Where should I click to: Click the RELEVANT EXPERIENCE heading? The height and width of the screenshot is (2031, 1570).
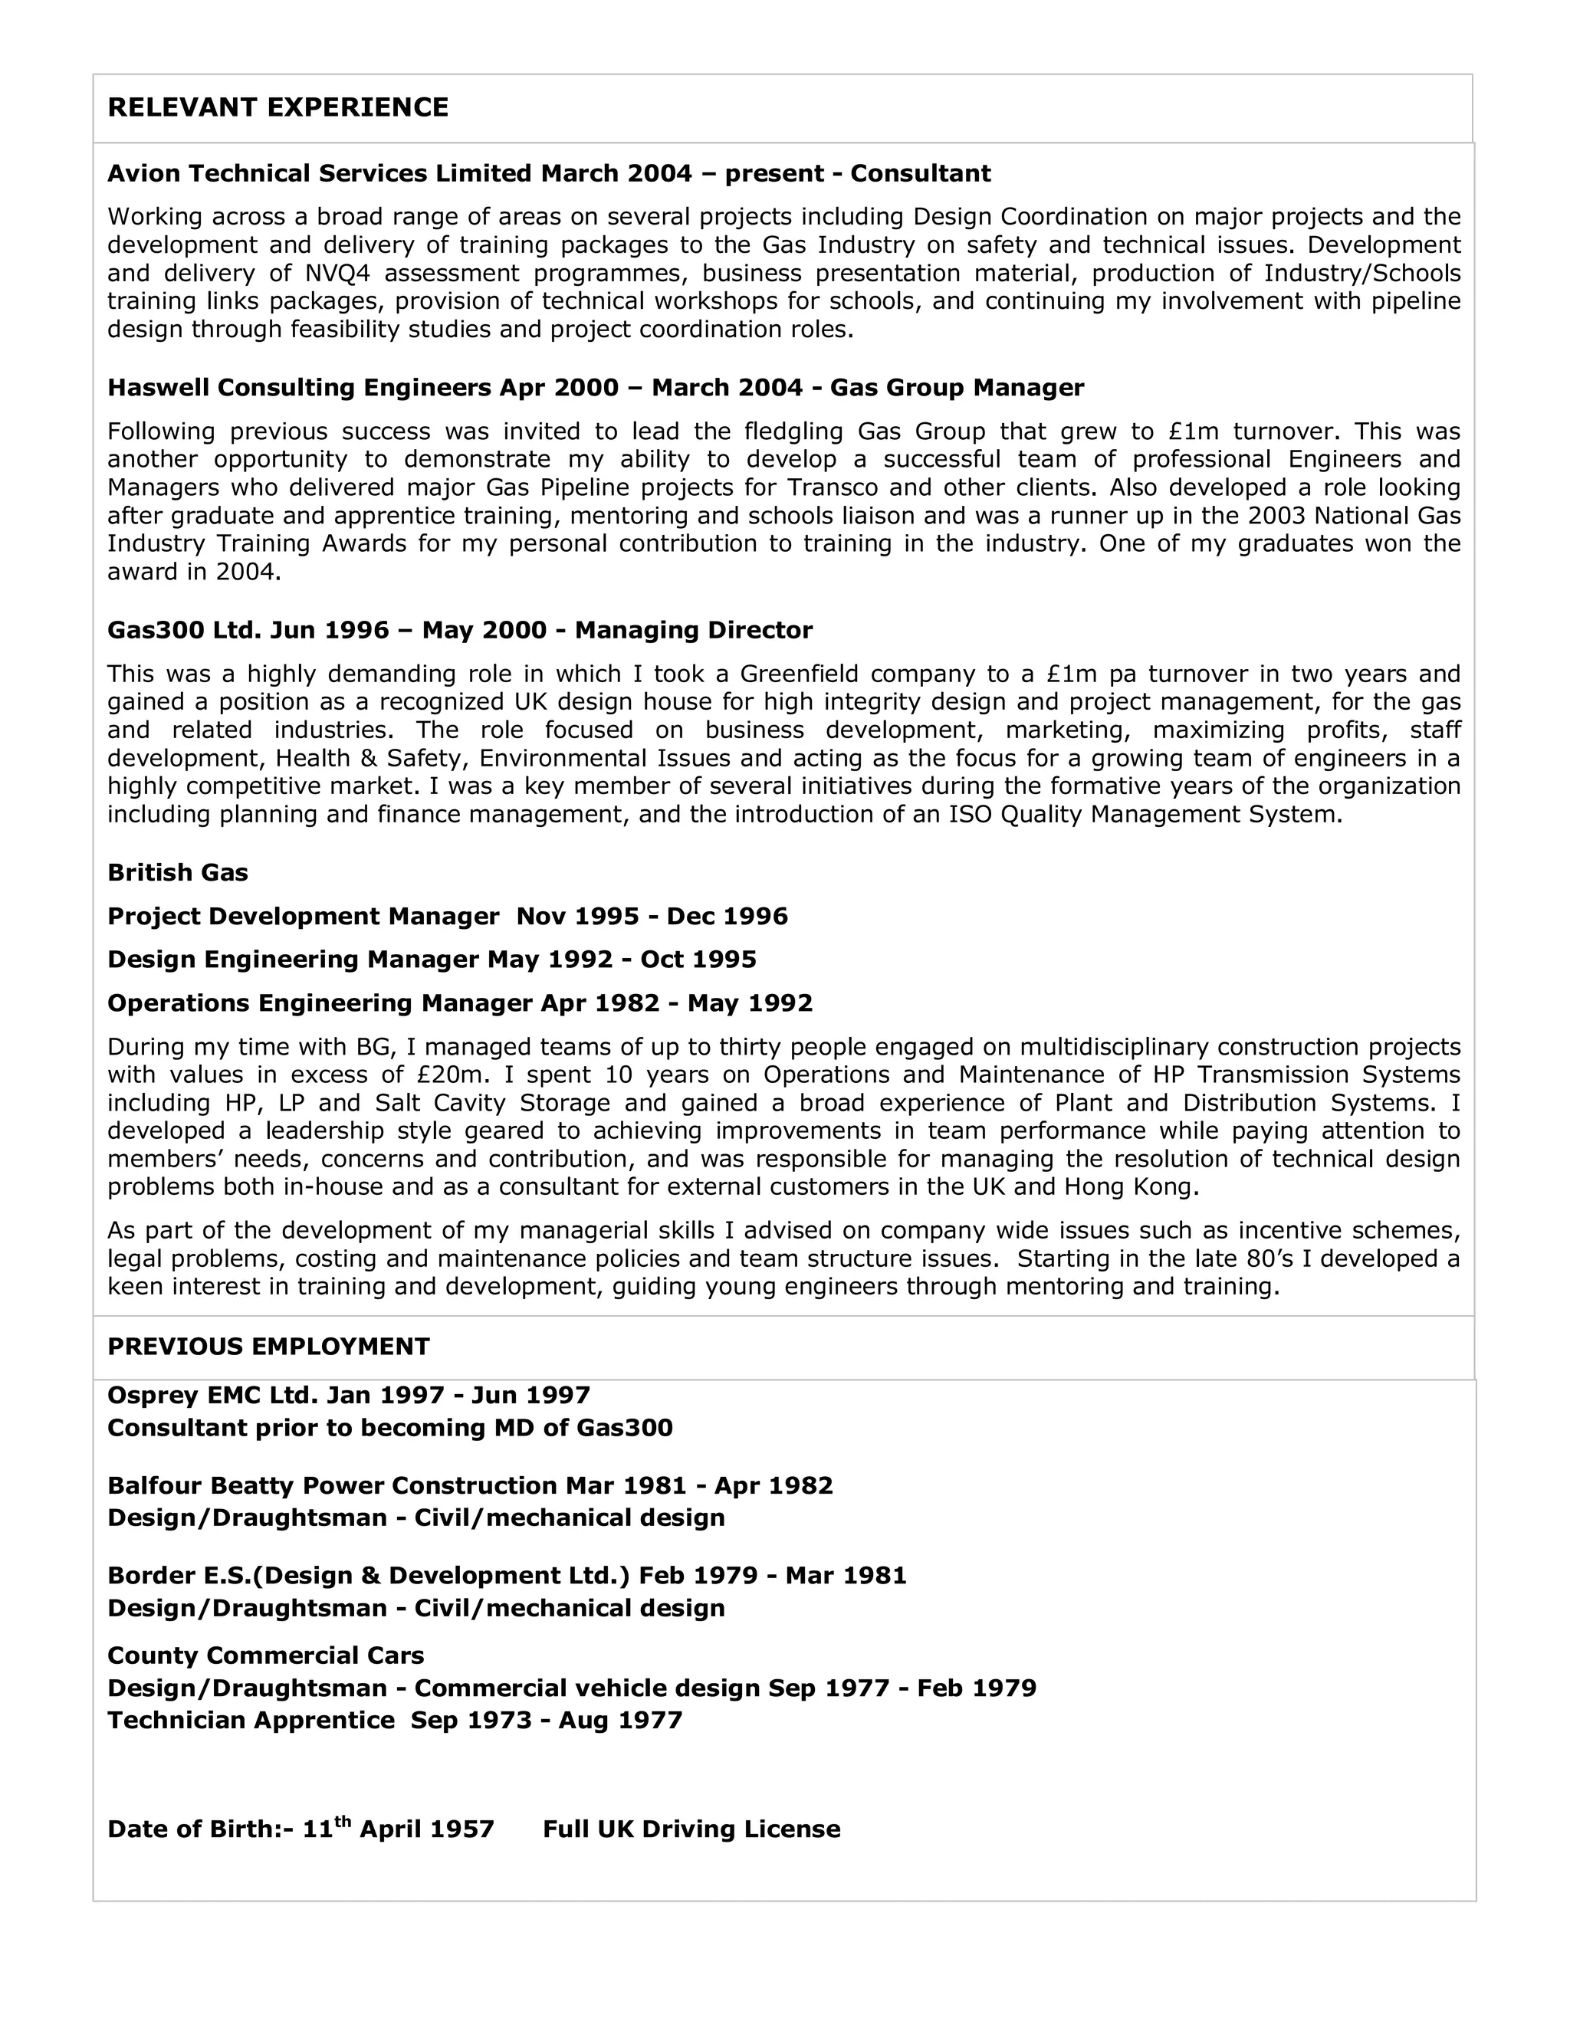[278, 108]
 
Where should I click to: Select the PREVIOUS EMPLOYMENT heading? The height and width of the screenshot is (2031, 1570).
[269, 1347]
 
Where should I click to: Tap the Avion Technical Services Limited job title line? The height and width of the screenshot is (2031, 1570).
[549, 174]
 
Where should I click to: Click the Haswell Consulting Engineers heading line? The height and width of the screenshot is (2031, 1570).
[595, 388]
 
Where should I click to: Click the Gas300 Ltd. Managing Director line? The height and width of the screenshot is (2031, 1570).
[459, 631]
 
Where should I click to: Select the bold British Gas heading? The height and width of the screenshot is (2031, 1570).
[178, 872]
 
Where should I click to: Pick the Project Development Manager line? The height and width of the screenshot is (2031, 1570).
[448, 917]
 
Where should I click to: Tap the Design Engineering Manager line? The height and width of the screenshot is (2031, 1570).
[432, 960]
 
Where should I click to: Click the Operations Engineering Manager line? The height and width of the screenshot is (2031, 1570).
[459, 1003]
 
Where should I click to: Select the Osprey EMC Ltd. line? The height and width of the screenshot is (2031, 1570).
[349, 1395]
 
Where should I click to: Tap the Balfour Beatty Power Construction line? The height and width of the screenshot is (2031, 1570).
[470, 1485]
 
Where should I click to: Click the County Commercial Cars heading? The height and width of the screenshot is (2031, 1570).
[266, 1655]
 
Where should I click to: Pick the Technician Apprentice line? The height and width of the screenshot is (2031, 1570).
[394, 1721]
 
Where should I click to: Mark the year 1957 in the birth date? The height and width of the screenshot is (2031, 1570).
[461, 1829]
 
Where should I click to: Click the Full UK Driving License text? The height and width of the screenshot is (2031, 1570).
[691, 1829]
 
